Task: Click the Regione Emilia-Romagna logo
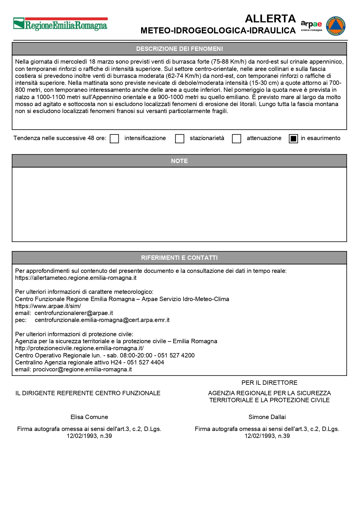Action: (x=60, y=24)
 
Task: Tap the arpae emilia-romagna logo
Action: (x=311, y=26)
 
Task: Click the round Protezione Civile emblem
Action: (x=336, y=26)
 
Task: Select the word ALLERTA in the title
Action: (x=270, y=19)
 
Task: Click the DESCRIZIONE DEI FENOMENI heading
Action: (x=179, y=49)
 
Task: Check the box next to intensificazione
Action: (x=114, y=139)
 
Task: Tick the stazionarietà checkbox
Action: (x=180, y=139)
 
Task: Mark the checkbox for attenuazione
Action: (x=237, y=139)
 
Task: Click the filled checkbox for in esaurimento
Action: (x=294, y=139)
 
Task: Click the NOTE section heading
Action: (x=179, y=161)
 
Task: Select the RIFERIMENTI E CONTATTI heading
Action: (x=179, y=258)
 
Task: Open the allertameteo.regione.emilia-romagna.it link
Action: (x=76, y=278)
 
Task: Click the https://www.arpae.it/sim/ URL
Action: (x=48, y=306)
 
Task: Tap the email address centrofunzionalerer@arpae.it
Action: (x=74, y=313)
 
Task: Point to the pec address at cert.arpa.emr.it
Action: (x=102, y=320)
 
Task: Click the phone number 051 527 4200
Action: (x=176, y=355)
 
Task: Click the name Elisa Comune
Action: (x=89, y=417)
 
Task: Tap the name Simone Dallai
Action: (x=267, y=417)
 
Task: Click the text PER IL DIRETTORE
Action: (x=269, y=383)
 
